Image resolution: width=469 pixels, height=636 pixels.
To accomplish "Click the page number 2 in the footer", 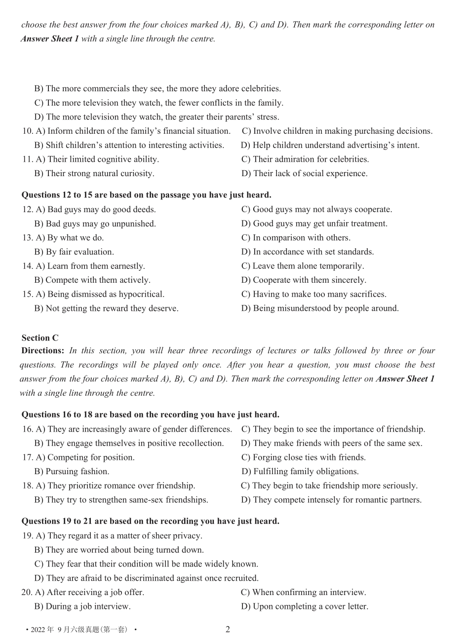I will click(228, 629).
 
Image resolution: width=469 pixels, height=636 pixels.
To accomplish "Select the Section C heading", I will click(40, 338).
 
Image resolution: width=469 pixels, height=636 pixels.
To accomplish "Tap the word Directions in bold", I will click(43, 351).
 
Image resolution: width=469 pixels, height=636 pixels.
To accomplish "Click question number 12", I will click(27, 210).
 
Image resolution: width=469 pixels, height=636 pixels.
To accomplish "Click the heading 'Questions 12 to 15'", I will click(146, 195).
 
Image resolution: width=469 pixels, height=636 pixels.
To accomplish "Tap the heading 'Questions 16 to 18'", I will click(150, 414).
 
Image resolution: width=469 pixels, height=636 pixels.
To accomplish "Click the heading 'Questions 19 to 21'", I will click(150, 521).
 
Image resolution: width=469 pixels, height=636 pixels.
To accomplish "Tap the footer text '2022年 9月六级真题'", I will click(79, 630).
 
